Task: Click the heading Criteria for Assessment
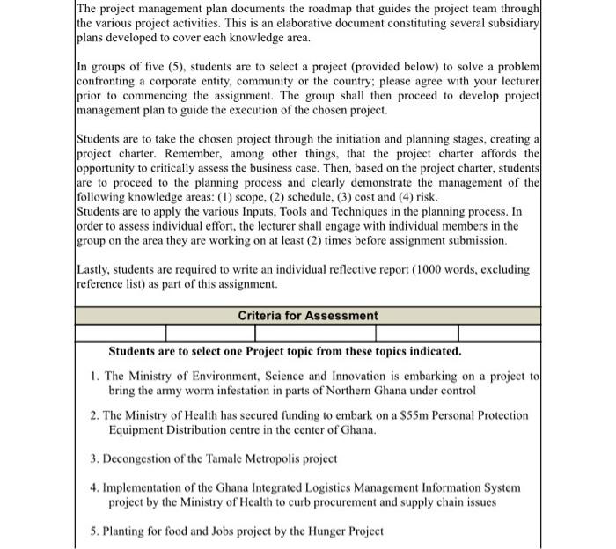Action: click(x=307, y=316)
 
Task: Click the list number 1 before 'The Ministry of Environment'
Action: click(x=94, y=376)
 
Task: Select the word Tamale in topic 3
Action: click(x=229, y=458)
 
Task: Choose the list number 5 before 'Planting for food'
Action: click(x=93, y=531)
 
